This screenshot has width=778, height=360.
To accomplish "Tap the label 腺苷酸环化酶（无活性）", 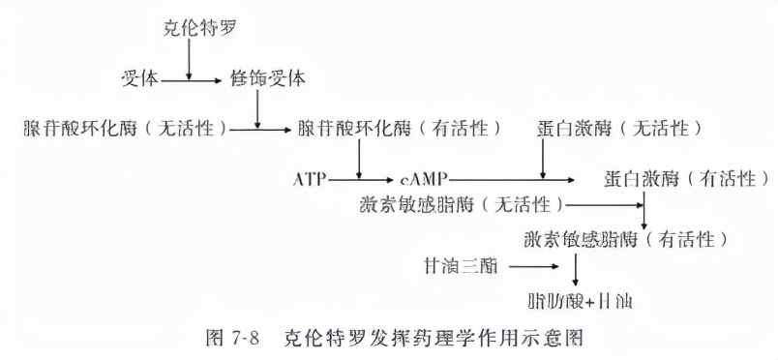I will [127, 128].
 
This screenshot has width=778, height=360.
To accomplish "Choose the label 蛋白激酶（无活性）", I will [619, 128].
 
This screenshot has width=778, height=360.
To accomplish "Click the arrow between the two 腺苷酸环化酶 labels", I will [260, 128].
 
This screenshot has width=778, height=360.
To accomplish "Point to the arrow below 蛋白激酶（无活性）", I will [543, 159].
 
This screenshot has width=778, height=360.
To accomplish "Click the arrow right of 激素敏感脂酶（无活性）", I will [604, 205].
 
